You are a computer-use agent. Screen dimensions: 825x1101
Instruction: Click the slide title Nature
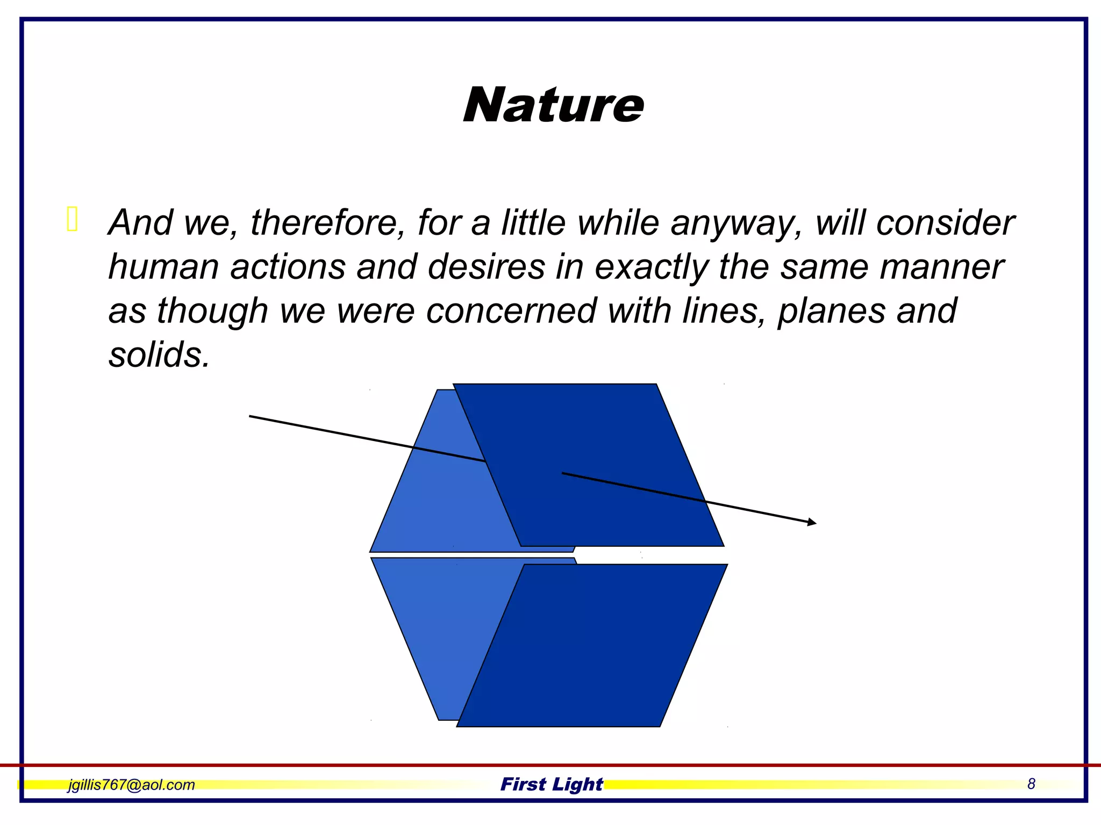[x=553, y=105]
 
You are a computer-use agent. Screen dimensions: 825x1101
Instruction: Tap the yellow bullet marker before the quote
[x=73, y=220]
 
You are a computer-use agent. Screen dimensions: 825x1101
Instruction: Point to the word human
[x=163, y=267]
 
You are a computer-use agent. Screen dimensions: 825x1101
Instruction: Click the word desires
[x=486, y=267]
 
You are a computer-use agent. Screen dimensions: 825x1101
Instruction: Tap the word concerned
[x=511, y=311]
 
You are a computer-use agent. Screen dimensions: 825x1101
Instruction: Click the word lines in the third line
[x=723, y=311]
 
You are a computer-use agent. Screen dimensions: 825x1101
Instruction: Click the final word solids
[x=159, y=355]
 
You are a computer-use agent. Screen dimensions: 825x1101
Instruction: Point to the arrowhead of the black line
[x=812, y=522]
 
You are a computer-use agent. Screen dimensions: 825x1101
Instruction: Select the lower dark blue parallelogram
[x=591, y=645]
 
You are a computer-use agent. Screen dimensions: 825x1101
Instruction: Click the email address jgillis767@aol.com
[x=131, y=785]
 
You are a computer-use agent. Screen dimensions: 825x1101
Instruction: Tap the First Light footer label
[x=552, y=784]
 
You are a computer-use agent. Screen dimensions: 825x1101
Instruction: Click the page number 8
[x=1031, y=784]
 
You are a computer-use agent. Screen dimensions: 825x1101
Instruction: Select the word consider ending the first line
[x=945, y=223]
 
